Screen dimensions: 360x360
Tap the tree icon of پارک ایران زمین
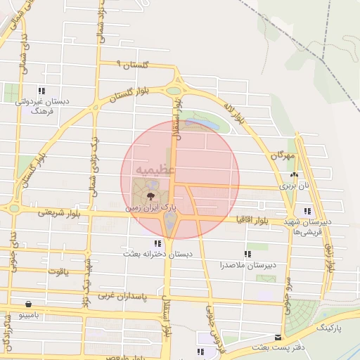point(150,196)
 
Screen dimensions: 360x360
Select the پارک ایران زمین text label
point(150,208)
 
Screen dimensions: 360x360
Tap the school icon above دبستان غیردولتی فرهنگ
point(42,91)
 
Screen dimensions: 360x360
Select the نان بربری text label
point(294,186)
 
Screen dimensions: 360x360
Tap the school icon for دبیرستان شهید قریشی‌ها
point(307,211)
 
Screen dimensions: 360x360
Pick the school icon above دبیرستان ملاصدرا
point(247,254)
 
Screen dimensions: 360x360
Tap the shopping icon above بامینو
point(27,304)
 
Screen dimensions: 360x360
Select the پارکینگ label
point(329,327)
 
